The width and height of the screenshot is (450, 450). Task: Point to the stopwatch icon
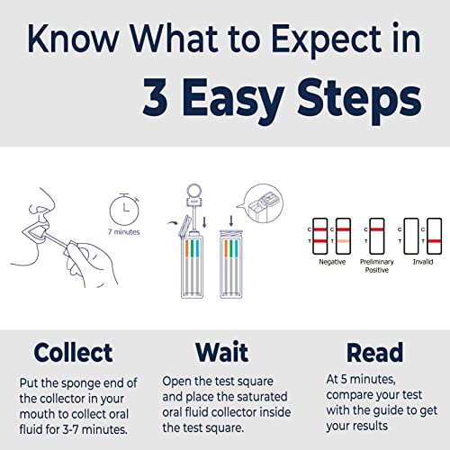(123, 208)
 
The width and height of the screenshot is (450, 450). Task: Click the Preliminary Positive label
(376, 267)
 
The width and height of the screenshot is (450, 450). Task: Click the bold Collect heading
(74, 351)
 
